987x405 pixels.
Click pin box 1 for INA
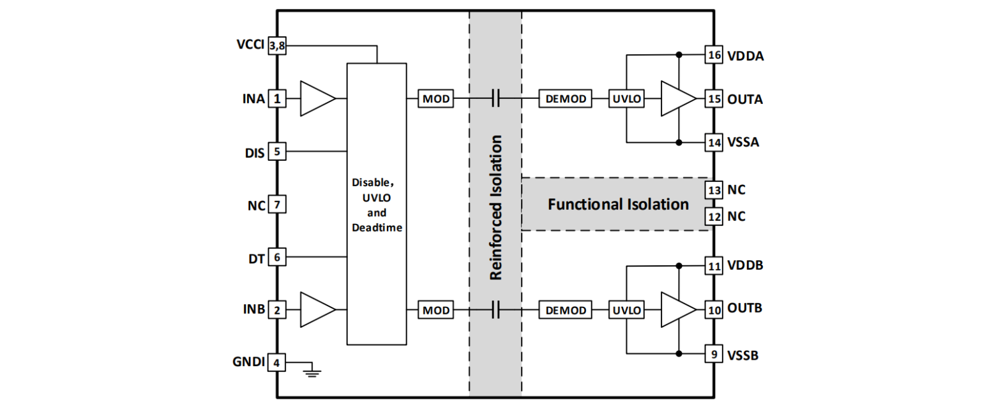pyautogui.click(x=277, y=99)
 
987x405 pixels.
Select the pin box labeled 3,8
pyautogui.click(x=277, y=46)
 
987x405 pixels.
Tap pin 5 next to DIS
pyautogui.click(x=277, y=152)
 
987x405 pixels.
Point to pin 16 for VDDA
pyautogui.click(x=714, y=55)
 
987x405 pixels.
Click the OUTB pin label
pyautogui.click(x=744, y=309)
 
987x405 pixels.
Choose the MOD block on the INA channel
pyautogui.click(x=436, y=99)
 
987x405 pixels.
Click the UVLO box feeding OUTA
pyautogui.click(x=627, y=99)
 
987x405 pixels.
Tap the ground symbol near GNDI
pyautogui.click(x=312, y=371)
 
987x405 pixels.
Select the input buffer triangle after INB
pyautogui.click(x=315, y=310)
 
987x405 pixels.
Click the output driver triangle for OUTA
pyautogui.click(x=677, y=99)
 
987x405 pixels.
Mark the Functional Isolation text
pyautogui.click(x=619, y=205)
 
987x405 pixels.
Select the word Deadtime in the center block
pyautogui.click(x=376, y=228)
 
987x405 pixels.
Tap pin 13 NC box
pyautogui.click(x=714, y=190)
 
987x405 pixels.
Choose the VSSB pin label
pyautogui.click(x=743, y=355)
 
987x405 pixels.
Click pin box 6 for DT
pyautogui.click(x=277, y=257)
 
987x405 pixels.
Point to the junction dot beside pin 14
pyautogui.click(x=678, y=142)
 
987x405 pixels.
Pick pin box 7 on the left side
pyautogui.click(x=277, y=205)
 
